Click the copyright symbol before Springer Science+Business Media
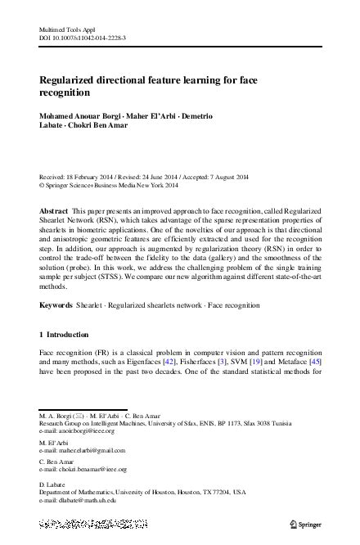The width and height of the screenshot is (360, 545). point(42,186)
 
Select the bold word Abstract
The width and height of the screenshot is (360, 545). point(54,211)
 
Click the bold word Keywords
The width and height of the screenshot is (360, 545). point(56,305)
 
